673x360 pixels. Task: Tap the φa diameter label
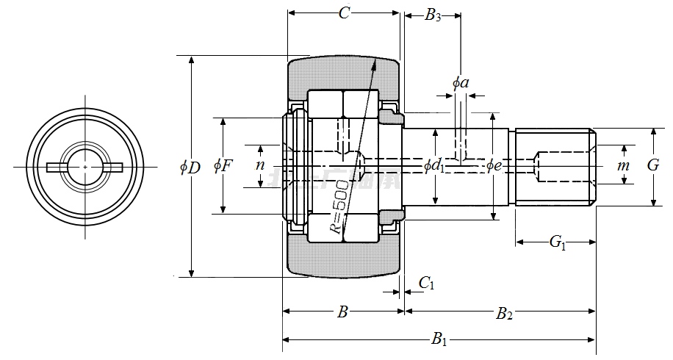pos(461,82)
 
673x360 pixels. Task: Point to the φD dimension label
pos(190,168)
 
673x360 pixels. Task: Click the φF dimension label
pos(223,166)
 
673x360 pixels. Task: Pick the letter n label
pos(260,165)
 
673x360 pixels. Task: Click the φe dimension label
pos(494,166)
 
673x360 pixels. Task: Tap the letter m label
pos(623,166)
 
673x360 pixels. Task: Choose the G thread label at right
pos(652,165)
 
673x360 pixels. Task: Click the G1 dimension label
pos(557,243)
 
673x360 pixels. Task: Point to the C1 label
pos(426,283)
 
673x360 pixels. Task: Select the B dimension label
pos(342,313)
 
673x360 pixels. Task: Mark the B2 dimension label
pos(504,314)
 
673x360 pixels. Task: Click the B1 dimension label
pos(439,339)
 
